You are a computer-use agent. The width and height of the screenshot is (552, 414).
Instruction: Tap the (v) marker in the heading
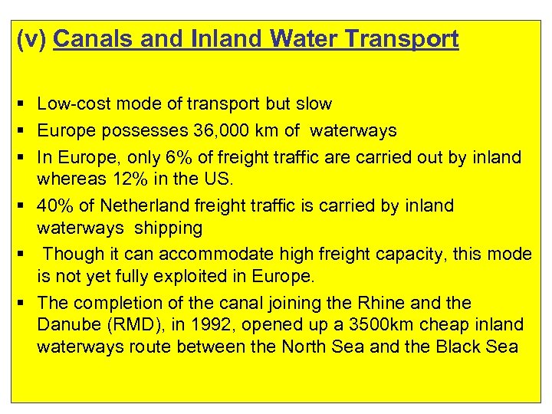[x=32, y=39]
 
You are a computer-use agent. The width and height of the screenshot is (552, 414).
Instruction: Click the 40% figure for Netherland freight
[x=52, y=206]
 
